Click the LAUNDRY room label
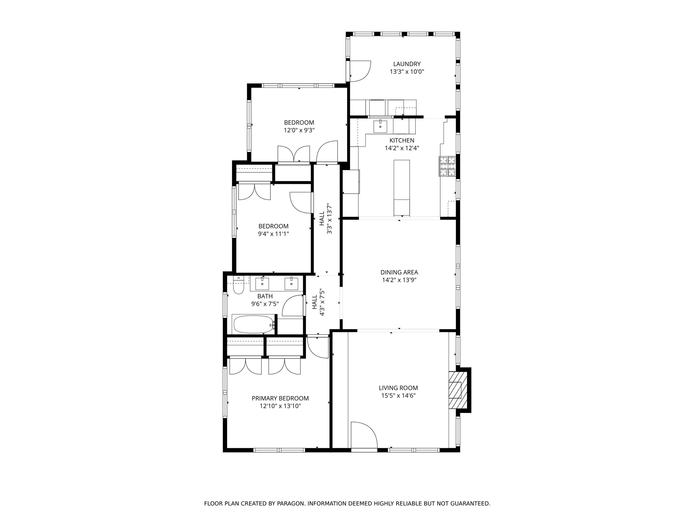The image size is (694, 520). tap(407, 64)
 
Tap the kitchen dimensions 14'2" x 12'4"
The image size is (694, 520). tap(402, 148)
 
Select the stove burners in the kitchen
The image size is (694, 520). tap(448, 166)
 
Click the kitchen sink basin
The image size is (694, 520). tap(380, 126)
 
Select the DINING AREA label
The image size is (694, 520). tap(399, 272)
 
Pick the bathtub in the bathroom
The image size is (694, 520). tap(253, 325)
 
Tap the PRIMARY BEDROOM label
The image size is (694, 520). tap(280, 398)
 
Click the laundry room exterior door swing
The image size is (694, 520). tap(360, 71)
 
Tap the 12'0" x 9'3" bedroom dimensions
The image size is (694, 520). tap(299, 130)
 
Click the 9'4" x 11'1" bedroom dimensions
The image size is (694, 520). tap(273, 234)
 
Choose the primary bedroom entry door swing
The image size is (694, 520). tap(318, 347)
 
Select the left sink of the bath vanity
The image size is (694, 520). tap(262, 284)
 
